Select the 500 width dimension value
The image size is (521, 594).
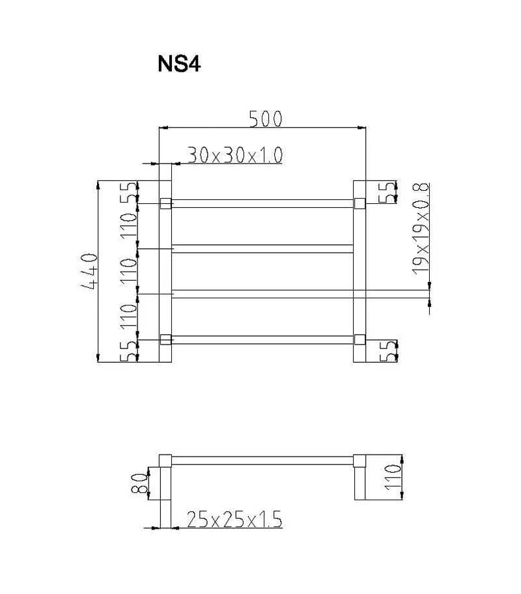(266, 119)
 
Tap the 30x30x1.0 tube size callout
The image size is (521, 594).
(234, 155)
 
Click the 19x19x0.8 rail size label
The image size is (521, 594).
(422, 228)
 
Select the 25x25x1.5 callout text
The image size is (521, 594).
(234, 519)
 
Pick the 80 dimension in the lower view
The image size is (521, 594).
(137, 483)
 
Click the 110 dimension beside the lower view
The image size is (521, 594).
(392, 477)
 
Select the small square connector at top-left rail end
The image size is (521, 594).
(165, 204)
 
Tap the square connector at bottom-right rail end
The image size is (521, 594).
(359, 339)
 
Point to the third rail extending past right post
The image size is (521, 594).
(391, 293)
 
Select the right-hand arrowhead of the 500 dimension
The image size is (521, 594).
(361, 128)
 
